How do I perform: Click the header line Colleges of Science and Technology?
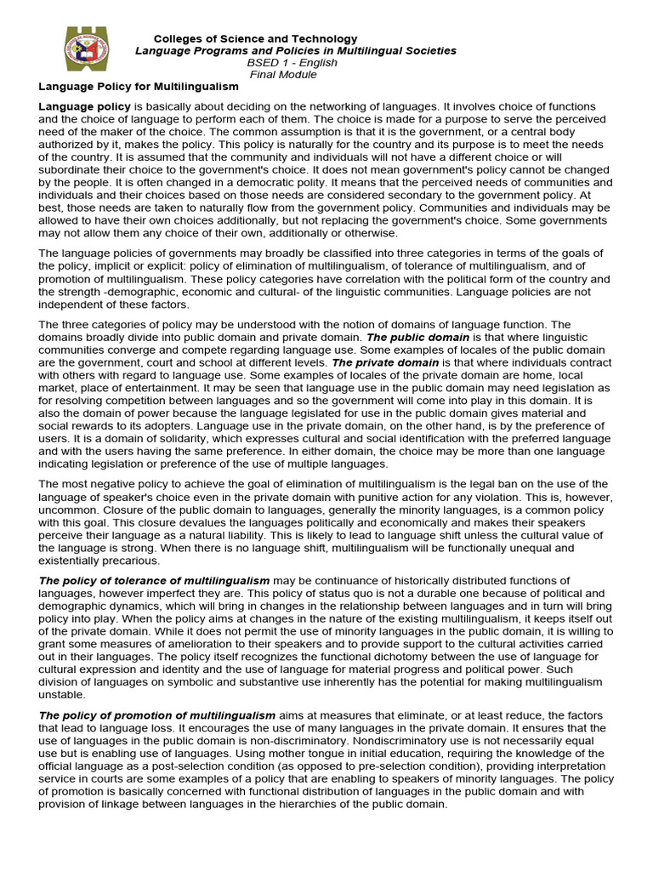tap(255, 39)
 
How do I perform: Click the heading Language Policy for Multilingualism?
tap(139, 87)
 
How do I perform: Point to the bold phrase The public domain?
tap(417, 337)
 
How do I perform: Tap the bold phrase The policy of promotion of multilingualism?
tap(157, 715)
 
